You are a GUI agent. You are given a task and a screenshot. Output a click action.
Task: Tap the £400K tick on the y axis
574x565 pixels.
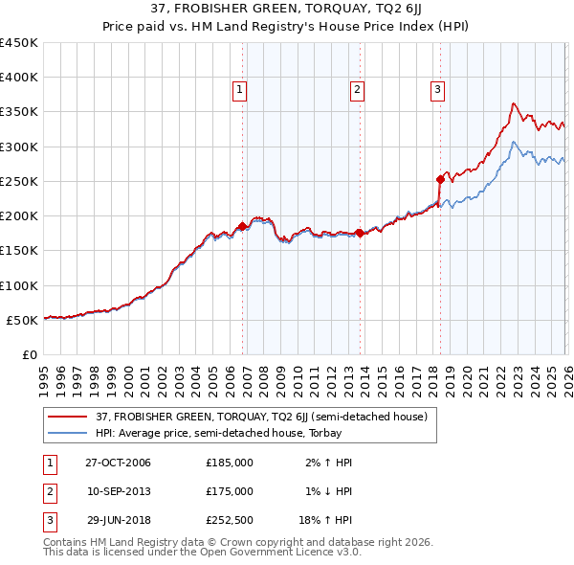tap(18, 78)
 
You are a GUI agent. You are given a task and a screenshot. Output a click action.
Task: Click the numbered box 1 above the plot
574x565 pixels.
tap(239, 91)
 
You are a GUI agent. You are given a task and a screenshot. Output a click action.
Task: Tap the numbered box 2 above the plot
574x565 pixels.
tap(356, 91)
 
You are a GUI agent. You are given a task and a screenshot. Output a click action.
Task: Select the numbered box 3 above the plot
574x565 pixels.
tap(437, 91)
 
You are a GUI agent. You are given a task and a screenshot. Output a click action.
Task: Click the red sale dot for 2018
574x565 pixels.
tap(440, 179)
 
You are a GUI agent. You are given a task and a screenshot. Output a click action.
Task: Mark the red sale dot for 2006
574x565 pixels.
tap(243, 226)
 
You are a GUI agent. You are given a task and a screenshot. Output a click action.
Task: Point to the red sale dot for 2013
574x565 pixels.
tap(359, 233)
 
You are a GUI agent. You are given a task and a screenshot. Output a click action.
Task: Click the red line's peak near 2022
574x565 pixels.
tap(514, 103)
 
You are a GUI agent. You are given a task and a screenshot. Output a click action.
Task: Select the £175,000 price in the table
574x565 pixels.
tap(230, 491)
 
